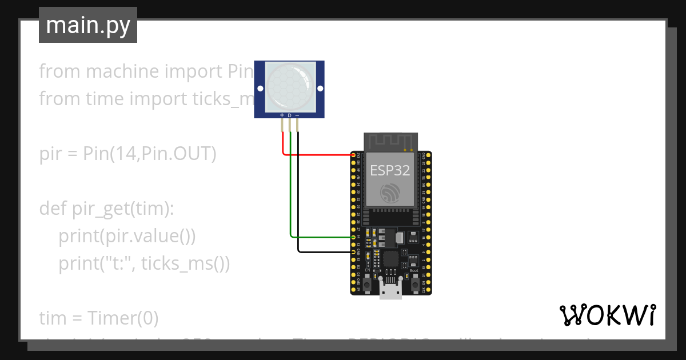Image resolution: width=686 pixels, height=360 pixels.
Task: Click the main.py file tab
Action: click(87, 25)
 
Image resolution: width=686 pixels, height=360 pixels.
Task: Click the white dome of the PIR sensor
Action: click(290, 87)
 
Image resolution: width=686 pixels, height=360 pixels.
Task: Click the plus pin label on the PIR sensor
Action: click(282, 115)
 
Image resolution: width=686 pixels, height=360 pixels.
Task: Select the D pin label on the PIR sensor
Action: click(289, 115)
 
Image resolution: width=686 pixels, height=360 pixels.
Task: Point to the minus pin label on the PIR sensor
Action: click(297, 115)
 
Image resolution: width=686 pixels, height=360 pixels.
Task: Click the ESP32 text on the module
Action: click(390, 170)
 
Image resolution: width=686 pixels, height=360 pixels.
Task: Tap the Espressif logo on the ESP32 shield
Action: click(390, 193)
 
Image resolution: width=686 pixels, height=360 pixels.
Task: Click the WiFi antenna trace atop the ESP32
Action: click(390, 142)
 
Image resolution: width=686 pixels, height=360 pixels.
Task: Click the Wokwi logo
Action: click(607, 315)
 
